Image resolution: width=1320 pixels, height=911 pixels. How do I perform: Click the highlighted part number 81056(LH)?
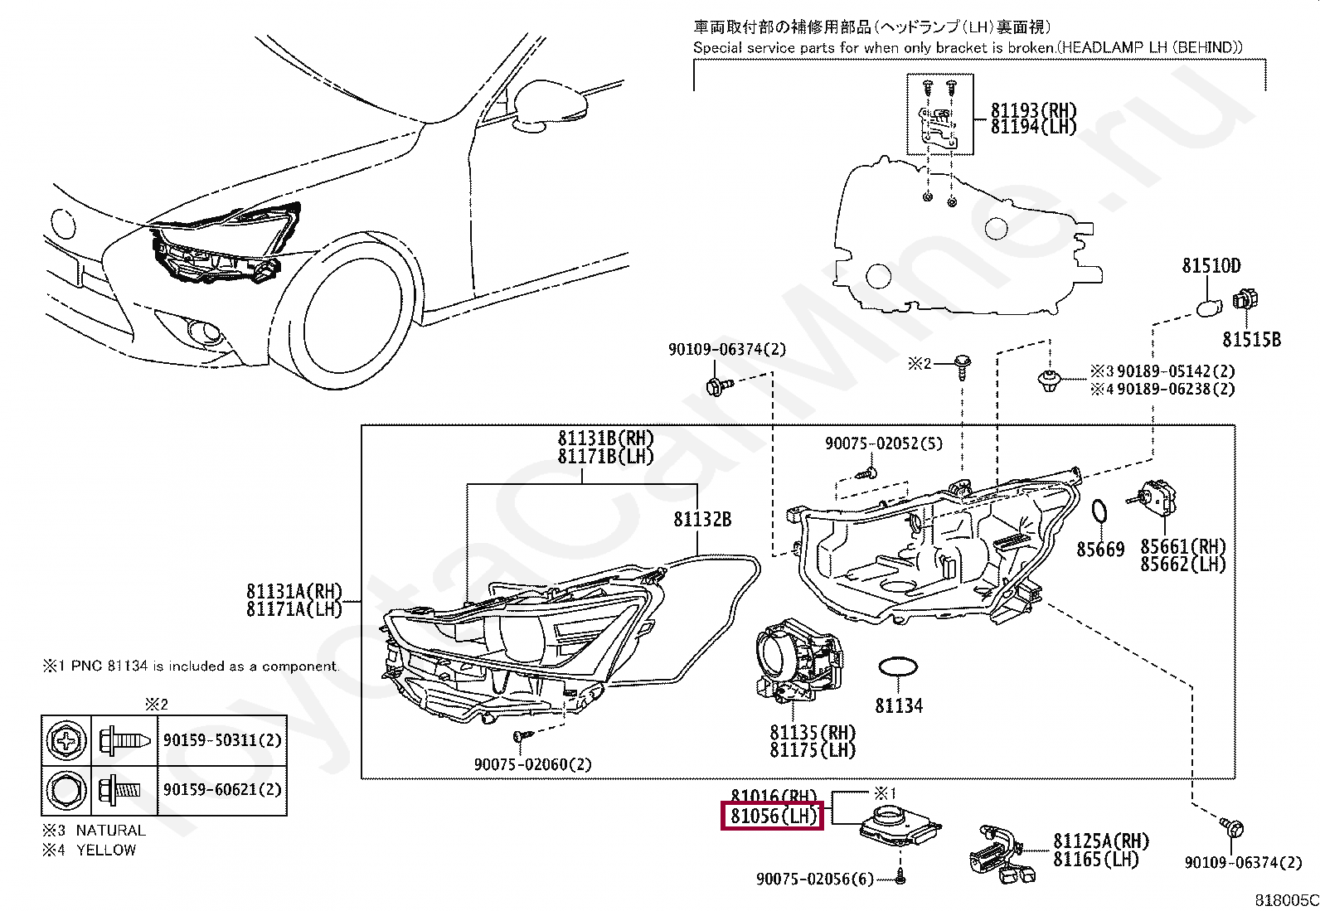[773, 817]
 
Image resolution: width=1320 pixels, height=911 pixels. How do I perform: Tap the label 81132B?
[702, 520]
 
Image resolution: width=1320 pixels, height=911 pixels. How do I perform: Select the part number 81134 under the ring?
[898, 706]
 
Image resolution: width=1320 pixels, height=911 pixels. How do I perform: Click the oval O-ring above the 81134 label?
[898, 667]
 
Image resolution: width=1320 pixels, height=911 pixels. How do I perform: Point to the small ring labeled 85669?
[1099, 512]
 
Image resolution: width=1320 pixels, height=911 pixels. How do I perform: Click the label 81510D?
[1211, 266]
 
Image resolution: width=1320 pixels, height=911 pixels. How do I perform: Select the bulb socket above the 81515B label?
[1245, 300]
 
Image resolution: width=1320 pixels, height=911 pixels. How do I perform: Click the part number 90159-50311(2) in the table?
[222, 740]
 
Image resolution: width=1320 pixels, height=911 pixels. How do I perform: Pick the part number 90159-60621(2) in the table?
[222, 790]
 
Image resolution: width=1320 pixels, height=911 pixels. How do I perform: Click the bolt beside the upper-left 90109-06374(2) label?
[718, 385]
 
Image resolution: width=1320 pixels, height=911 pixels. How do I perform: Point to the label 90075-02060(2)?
[532, 764]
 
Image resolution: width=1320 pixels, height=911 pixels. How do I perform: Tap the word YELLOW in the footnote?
[106, 850]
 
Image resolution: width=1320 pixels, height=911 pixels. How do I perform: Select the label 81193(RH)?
[1033, 110]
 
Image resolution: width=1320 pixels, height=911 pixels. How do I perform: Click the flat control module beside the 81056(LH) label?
[900, 825]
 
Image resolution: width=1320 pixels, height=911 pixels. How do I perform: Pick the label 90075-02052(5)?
[883, 443]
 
